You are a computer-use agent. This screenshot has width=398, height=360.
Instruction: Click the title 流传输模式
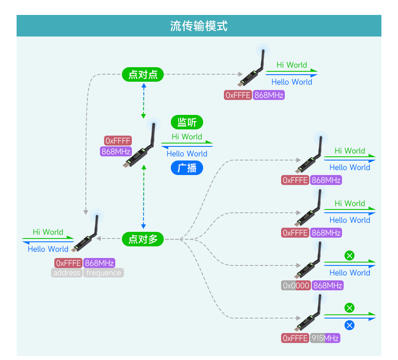click(x=199, y=26)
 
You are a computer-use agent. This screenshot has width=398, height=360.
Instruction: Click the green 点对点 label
click(x=143, y=75)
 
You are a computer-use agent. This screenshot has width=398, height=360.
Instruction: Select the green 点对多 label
click(x=143, y=239)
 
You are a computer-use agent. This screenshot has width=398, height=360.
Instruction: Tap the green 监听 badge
click(x=187, y=122)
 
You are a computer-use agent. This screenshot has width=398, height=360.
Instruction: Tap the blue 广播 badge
click(x=187, y=168)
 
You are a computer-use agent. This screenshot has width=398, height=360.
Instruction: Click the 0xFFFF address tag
click(x=118, y=141)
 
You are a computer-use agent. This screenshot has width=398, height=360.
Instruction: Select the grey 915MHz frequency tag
click(x=325, y=338)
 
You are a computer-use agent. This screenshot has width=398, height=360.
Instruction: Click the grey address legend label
click(x=67, y=273)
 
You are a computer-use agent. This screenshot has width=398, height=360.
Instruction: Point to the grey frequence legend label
click(x=104, y=273)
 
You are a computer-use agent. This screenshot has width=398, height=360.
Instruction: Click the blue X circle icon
click(x=349, y=325)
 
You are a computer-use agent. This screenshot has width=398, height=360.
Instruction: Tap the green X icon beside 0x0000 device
click(x=349, y=255)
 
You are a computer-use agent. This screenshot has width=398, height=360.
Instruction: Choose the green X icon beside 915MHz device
click(x=349, y=308)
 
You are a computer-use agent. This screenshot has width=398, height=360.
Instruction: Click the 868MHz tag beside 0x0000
click(x=328, y=285)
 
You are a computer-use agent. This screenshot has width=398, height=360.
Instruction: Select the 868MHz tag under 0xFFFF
click(x=116, y=151)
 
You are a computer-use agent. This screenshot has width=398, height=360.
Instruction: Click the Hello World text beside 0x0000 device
click(x=349, y=272)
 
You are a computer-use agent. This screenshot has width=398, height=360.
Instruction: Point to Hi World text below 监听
click(x=187, y=136)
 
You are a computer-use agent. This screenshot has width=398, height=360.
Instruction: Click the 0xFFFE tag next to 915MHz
click(x=295, y=338)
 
